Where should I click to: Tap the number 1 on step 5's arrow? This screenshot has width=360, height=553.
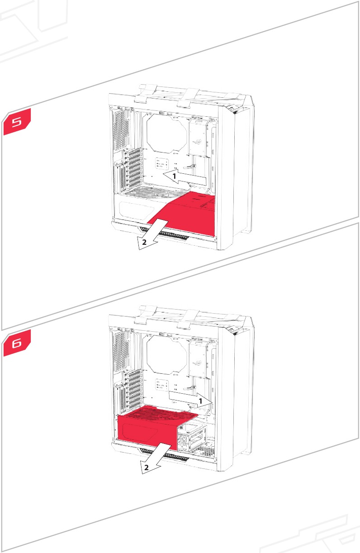pyautogui.click(x=174, y=175)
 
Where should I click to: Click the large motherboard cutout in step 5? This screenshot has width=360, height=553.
pyautogui.click(x=166, y=132)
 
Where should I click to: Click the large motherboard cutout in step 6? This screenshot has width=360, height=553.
pyautogui.click(x=166, y=353)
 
